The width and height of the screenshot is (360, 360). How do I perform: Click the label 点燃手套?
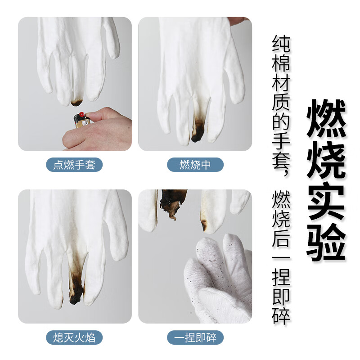74,165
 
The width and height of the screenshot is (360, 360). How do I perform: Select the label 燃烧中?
195,165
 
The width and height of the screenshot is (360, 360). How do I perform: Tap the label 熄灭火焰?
74,337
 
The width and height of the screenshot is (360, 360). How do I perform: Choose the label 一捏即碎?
195,337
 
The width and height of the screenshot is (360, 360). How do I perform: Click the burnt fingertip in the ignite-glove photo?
76,103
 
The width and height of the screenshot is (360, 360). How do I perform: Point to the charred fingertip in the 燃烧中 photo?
198,131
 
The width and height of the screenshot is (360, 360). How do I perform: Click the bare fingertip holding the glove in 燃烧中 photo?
239,21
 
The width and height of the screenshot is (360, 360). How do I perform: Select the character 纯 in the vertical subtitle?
281,44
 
